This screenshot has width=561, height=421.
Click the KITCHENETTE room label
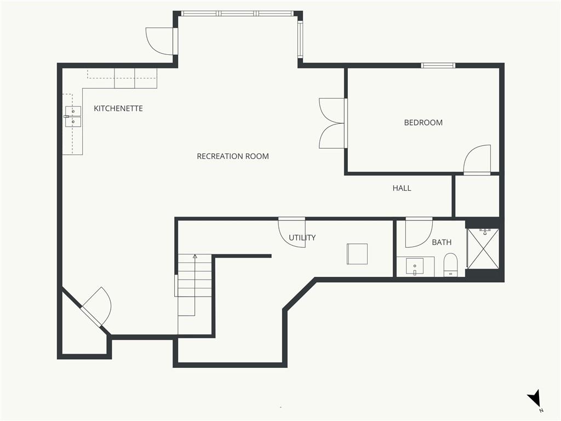[x=118, y=109]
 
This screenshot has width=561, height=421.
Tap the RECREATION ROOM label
[x=233, y=156]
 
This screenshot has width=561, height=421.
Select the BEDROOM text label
[x=423, y=123]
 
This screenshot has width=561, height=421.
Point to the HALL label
[x=402, y=189]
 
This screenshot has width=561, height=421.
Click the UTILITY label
[x=302, y=238]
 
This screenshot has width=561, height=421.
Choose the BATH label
[x=442, y=242]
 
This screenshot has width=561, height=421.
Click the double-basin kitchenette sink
[x=73, y=117]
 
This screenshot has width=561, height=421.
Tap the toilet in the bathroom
[x=450, y=265]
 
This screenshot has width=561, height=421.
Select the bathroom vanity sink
[x=415, y=267]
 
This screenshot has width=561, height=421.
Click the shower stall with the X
[x=483, y=248]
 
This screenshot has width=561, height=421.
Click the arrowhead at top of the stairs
[x=195, y=257]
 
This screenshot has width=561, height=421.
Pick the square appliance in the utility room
[x=357, y=254]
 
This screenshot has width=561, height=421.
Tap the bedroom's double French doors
[x=333, y=123]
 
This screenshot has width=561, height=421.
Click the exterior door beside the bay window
[x=160, y=42]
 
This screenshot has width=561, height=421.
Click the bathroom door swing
[x=419, y=232]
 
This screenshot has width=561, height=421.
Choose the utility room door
[x=292, y=232]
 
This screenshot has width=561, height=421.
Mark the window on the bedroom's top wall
[x=438, y=66]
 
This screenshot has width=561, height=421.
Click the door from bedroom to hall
[x=477, y=160]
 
